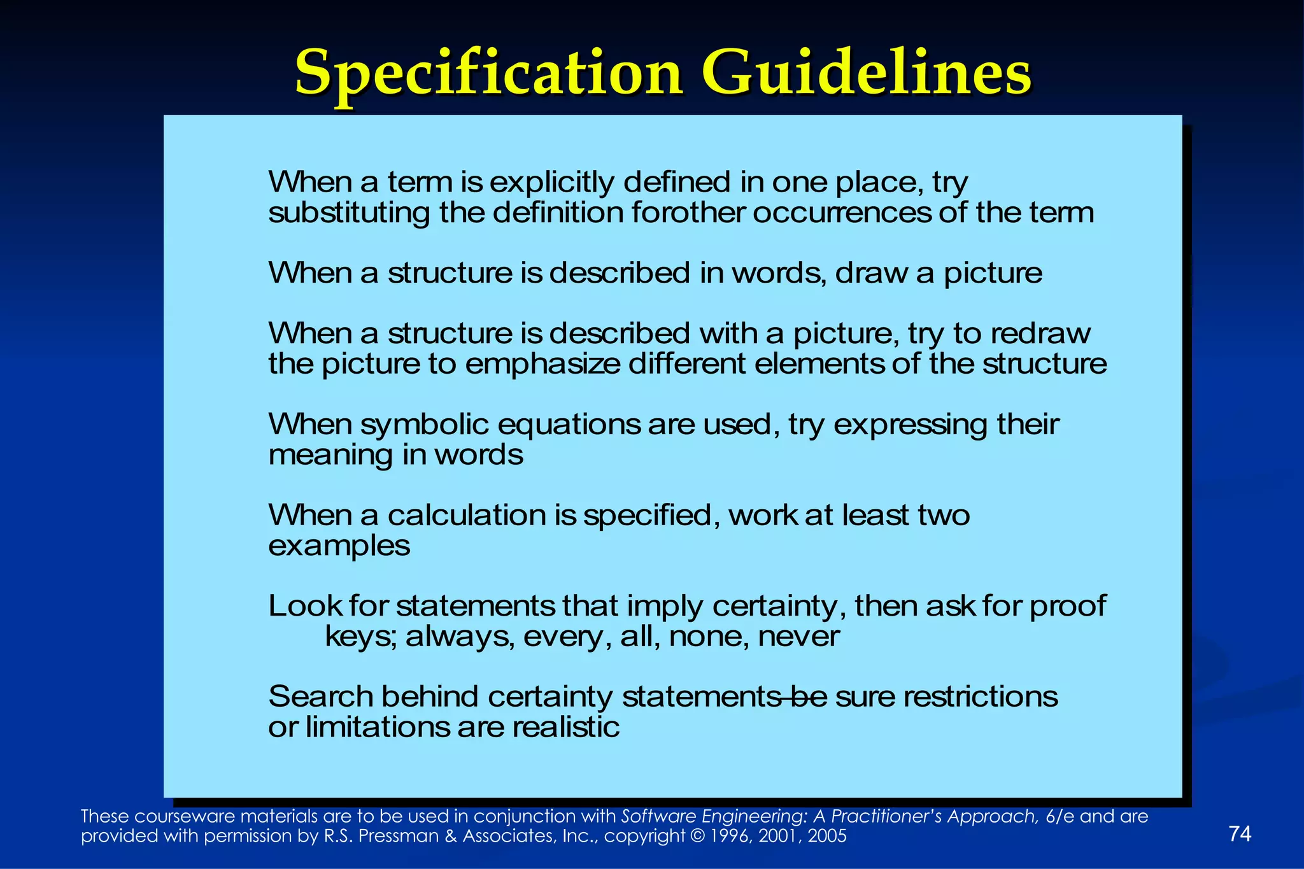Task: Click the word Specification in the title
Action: click(x=488, y=74)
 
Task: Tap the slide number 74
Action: click(x=1240, y=833)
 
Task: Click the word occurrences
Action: click(x=841, y=213)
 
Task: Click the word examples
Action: click(x=339, y=546)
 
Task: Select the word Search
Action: click(x=321, y=697)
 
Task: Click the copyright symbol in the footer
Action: click(x=697, y=836)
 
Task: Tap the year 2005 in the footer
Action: click(x=827, y=836)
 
